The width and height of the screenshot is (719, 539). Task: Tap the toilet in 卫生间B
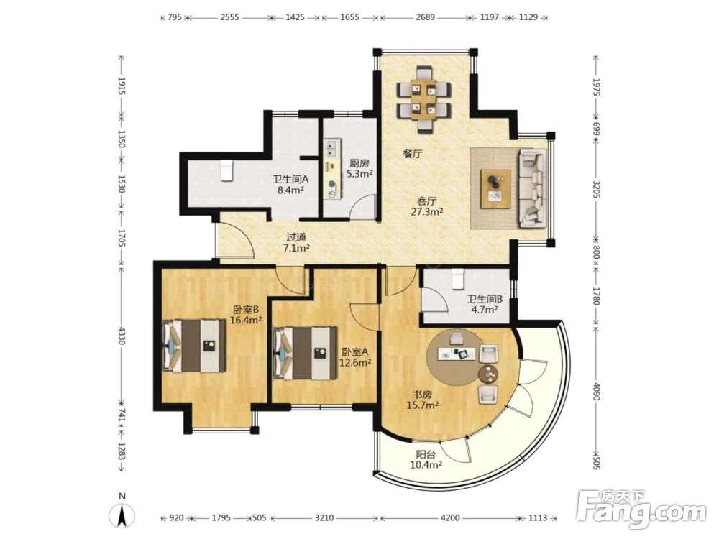tap(457, 279)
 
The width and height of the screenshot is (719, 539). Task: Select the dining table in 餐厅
tap(424, 100)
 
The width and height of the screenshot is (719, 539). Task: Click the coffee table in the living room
tap(495, 189)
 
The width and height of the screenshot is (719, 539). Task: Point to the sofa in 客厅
tap(532, 188)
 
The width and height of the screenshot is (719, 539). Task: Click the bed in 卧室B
tap(194, 346)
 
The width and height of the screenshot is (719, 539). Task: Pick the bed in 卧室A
tap(305, 353)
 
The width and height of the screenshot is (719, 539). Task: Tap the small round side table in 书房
tap(488, 374)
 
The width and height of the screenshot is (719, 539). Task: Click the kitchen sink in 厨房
tap(331, 149)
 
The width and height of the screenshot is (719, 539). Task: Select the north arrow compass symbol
tap(122, 512)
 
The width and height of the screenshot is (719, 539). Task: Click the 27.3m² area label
tap(427, 212)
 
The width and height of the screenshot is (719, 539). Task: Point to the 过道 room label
tap(296, 237)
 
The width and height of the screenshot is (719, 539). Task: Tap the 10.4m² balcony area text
tap(426, 465)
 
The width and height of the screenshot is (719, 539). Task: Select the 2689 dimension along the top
tap(425, 17)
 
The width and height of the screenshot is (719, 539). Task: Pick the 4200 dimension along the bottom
tap(450, 518)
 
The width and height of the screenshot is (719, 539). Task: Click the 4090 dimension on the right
tap(595, 391)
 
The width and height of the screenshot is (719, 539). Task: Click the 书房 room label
tap(422, 395)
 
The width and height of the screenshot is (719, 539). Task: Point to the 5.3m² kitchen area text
tap(359, 174)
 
